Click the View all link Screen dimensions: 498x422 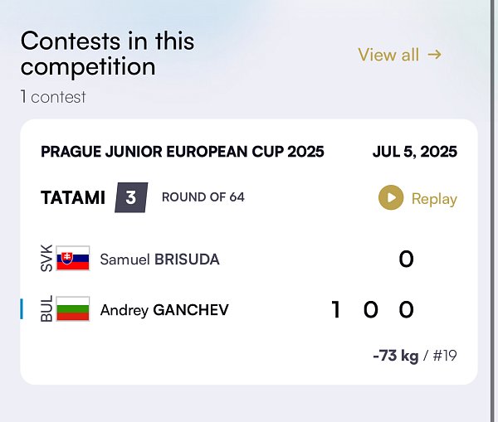tap(399, 55)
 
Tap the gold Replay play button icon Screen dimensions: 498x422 tap(391, 197)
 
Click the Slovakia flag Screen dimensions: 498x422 tap(73, 258)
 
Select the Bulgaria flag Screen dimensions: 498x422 tap(73, 308)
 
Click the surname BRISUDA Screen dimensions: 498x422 tap(187, 260)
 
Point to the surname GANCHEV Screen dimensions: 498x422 tap(191, 310)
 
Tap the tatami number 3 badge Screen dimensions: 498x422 tap(131, 197)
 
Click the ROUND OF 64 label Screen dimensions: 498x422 tap(203, 197)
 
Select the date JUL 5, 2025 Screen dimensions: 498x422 tap(415, 152)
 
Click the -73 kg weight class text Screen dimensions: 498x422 tap(396, 356)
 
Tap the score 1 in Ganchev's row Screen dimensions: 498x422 tap(335, 310)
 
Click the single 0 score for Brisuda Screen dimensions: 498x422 tap(406, 259)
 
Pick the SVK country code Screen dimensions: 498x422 tap(46, 258)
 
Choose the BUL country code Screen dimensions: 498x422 tap(46, 308)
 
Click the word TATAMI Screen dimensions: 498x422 tap(73, 197)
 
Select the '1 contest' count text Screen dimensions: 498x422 tap(53, 97)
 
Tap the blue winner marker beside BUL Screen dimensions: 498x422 tap(22, 308)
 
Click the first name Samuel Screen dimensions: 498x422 tap(124, 260)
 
